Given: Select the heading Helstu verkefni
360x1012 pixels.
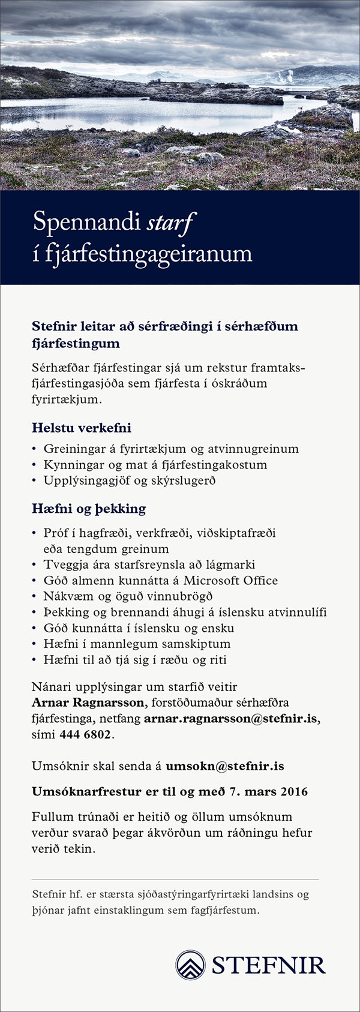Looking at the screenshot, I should [x=81, y=428].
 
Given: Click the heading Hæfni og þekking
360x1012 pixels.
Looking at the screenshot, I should [x=88, y=509].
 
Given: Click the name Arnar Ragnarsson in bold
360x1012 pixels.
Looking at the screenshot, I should [x=88, y=702].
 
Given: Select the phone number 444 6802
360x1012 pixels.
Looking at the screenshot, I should [x=85, y=734].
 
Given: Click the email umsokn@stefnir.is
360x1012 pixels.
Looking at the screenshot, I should [x=224, y=766].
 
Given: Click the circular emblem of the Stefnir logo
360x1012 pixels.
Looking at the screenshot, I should [x=190, y=965].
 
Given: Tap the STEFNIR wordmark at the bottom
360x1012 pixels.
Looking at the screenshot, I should [x=268, y=965].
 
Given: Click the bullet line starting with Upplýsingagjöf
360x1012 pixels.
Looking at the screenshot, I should [x=129, y=481].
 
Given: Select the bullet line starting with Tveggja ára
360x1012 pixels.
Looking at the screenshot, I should [x=149, y=564].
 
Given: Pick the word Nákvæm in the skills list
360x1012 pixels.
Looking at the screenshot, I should [x=65, y=596].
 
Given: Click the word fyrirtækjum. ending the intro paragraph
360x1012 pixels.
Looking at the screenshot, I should [x=67, y=399].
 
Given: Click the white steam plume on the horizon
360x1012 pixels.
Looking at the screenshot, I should [x=287, y=76].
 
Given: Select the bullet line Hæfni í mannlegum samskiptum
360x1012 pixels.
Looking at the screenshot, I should [x=137, y=644].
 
